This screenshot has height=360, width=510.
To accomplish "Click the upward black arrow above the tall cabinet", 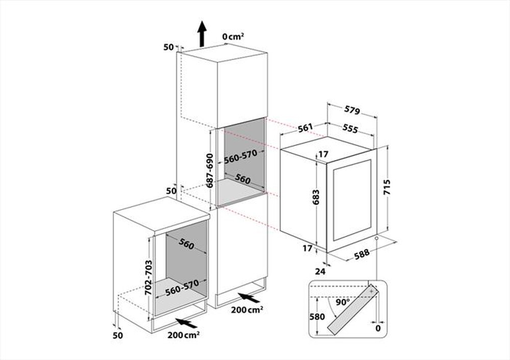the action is [x=202, y=34].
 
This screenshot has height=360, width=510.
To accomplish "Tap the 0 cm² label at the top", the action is [x=233, y=36].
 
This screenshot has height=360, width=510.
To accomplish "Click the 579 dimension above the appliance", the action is [x=352, y=111].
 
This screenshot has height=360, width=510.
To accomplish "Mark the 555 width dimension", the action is [x=350, y=129].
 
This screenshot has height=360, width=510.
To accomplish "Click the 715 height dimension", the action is [x=387, y=187].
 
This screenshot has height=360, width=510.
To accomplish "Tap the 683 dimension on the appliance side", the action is [x=316, y=197].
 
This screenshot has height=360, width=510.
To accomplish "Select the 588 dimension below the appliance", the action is [x=362, y=253].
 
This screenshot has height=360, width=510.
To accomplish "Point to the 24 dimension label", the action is [x=320, y=271].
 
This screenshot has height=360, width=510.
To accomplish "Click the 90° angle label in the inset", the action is [x=343, y=302].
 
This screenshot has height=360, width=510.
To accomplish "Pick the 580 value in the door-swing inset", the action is [x=317, y=317].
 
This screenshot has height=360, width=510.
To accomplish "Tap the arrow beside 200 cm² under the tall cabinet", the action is [x=248, y=297].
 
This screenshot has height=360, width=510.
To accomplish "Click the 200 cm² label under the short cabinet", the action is [x=184, y=335].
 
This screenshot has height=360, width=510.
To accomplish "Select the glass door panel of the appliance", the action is [x=352, y=200].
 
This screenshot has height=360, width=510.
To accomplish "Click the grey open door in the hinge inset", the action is [x=353, y=309].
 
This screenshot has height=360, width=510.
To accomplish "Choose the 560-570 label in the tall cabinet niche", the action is [x=241, y=157].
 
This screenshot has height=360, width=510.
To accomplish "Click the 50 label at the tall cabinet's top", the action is [x=168, y=47].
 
